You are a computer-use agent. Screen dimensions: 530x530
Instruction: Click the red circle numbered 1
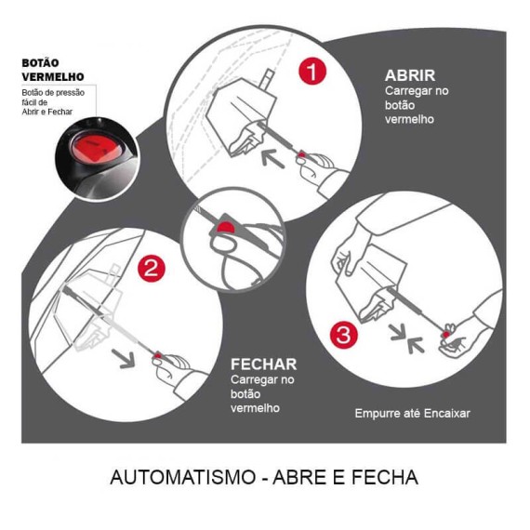point(313,73)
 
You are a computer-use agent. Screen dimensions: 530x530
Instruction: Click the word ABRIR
point(409,75)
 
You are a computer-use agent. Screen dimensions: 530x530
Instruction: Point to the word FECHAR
point(263,364)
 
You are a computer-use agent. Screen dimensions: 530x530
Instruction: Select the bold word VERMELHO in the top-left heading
point(53,76)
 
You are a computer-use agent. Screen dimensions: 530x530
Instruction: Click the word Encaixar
point(444,412)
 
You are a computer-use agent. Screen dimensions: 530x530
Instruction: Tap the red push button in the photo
point(91,149)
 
